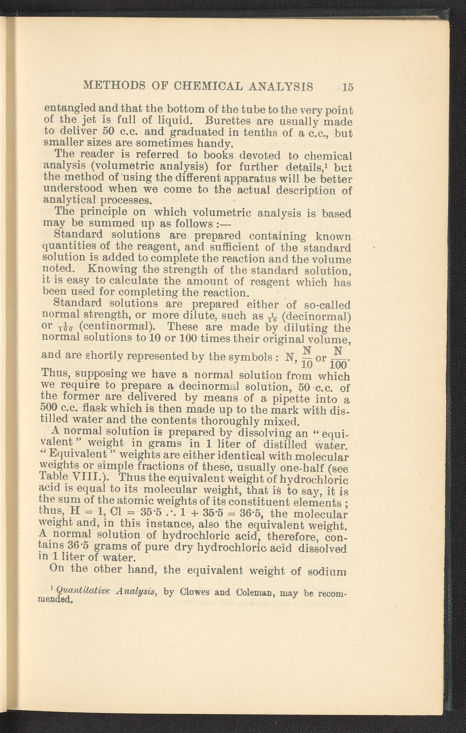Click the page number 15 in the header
348,87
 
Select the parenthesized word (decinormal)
316,317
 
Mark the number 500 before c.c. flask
49,408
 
